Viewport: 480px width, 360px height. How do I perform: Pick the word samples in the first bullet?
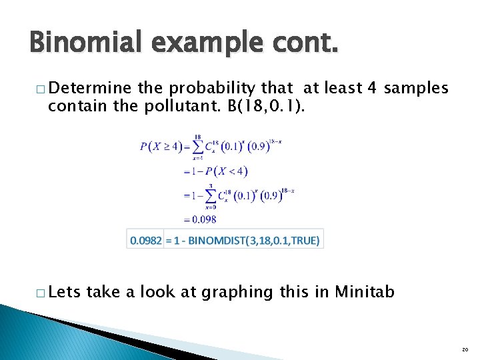click(417, 87)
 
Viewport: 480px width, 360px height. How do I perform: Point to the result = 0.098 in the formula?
click(200, 219)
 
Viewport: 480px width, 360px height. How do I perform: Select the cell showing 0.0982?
click(145, 240)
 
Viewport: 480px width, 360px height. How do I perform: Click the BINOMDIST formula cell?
click(243, 240)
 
